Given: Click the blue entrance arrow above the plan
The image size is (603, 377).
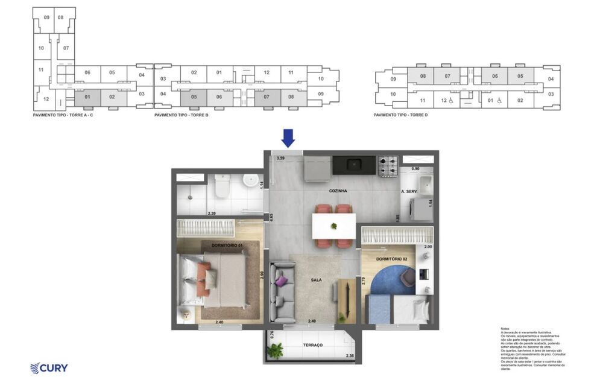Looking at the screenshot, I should [x=288, y=138].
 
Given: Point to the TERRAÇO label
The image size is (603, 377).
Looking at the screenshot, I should [x=313, y=345].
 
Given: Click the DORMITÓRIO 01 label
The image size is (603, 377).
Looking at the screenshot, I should [x=227, y=246].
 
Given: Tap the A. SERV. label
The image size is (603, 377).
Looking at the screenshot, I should [x=409, y=191].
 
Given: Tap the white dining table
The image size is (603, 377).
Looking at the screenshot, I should [x=333, y=226].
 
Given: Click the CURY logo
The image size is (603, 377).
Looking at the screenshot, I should [x=49, y=368].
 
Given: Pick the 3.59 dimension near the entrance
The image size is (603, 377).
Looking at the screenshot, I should [x=280, y=158].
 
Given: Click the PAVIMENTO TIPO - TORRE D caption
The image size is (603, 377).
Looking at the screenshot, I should [x=400, y=115].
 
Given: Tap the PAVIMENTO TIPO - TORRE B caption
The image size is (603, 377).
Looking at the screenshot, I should [x=181, y=115].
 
